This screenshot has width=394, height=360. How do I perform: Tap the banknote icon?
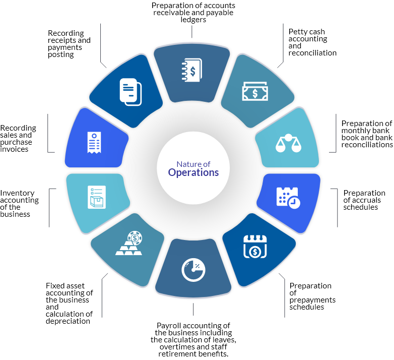[255, 92]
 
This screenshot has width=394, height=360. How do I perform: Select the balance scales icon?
[288, 143]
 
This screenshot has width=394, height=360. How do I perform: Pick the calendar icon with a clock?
[288, 197]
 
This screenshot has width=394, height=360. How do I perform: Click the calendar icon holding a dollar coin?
[255, 247]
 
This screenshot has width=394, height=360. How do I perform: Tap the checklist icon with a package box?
[97, 197]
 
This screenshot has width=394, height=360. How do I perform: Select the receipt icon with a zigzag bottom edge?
[94, 143]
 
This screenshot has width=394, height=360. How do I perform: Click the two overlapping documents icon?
[130, 92]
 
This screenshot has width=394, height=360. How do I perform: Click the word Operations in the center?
[193, 172]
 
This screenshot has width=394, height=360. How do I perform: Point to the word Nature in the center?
[186, 164]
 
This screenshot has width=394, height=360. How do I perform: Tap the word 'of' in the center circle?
[206, 164]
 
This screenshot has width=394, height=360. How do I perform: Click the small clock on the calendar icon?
[295, 203]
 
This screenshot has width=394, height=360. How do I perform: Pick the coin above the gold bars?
[135, 236]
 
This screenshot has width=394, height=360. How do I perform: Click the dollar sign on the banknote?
[255, 93]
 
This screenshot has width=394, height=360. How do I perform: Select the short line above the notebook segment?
[192, 31]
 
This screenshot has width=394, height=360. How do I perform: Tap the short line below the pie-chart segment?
[193, 309]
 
